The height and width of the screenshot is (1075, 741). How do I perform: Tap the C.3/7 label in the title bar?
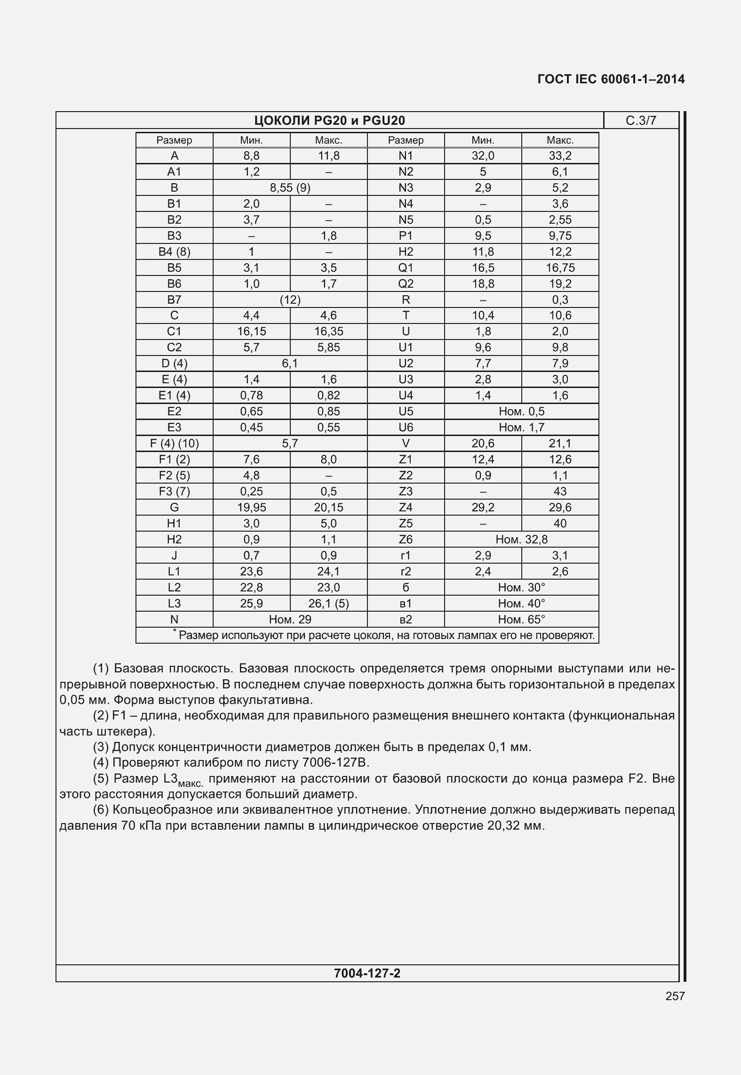coord(641,121)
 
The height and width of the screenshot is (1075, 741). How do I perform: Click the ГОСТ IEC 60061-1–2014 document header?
coord(611,79)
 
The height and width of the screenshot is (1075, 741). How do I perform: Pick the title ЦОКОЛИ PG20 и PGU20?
coord(329,121)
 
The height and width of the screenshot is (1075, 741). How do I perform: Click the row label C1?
coord(174,331)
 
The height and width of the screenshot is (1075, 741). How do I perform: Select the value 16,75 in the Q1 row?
coord(560,268)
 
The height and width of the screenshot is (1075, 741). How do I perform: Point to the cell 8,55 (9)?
coord(290,188)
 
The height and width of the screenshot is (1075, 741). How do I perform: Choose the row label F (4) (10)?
coord(174,444)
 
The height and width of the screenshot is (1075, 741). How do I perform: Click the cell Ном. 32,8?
coord(521,540)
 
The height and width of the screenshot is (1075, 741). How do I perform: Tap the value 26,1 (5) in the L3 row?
coord(328,604)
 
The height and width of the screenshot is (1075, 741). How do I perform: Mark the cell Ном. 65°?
coord(521,620)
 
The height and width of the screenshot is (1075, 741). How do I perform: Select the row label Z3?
coord(406,492)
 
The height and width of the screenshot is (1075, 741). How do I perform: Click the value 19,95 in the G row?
coord(251,508)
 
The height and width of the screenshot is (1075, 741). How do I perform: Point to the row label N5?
coord(406,220)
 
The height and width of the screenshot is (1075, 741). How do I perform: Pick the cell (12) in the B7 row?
coord(290,300)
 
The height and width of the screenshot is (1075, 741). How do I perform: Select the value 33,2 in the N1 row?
coord(560,156)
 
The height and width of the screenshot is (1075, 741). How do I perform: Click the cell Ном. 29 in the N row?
coord(290,620)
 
